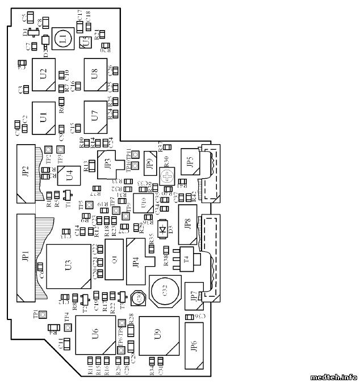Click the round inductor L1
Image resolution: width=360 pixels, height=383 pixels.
click(x=62, y=39)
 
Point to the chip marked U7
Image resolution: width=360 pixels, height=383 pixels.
click(x=95, y=116)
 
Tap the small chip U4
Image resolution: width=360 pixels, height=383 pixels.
click(x=69, y=174)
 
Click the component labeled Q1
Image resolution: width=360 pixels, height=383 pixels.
click(x=114, y=260)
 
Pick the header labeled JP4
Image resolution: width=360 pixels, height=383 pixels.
click(x=137, y=262)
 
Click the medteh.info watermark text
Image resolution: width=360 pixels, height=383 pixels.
click(x=333, y=376)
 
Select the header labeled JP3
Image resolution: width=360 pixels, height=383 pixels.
click(x=108, y=163)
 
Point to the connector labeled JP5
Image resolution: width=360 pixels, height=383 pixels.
click(x=190, y=161)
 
